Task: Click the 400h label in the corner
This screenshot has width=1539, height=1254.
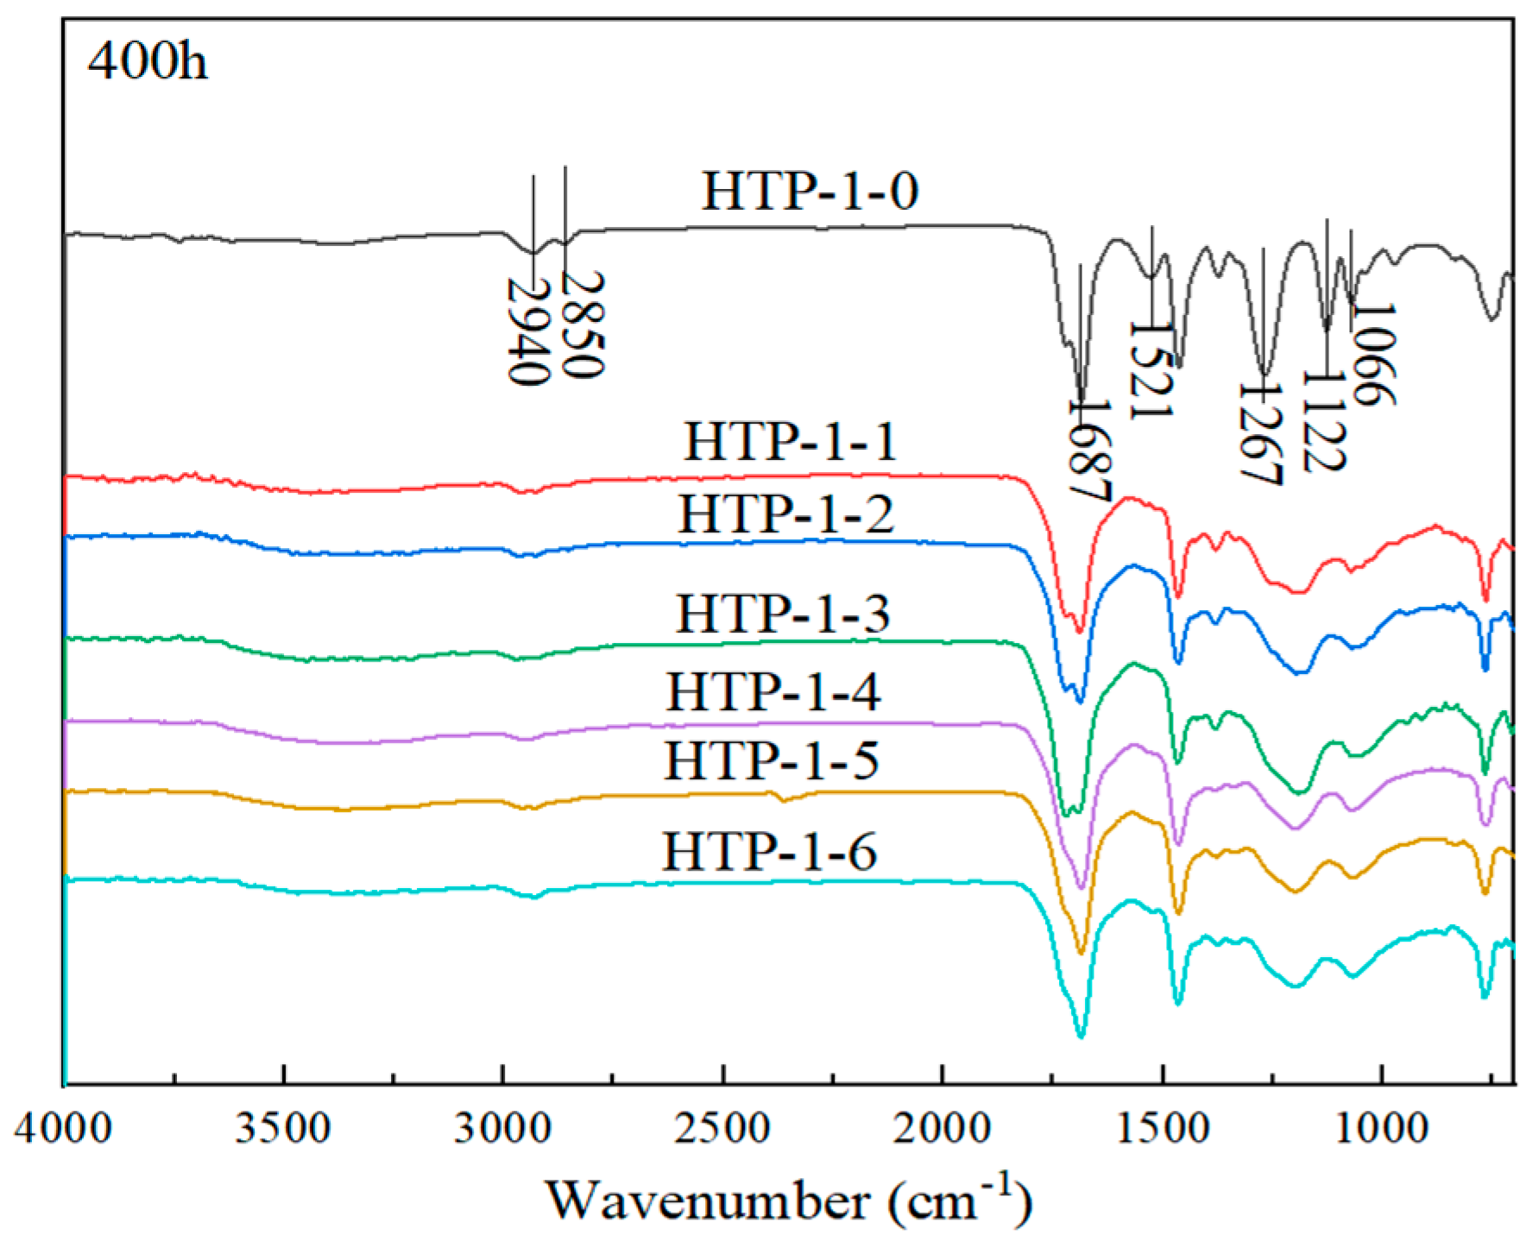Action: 148,62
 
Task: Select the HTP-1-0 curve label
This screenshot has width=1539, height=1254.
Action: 809,191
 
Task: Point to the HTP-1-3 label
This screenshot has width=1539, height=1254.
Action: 782,614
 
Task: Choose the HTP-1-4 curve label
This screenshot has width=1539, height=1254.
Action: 773,691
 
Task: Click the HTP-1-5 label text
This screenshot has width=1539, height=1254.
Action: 771,760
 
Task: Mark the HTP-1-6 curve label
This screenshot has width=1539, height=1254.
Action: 769,851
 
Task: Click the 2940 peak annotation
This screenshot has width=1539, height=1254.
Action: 527,331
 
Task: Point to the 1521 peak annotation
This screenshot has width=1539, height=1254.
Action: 1151,371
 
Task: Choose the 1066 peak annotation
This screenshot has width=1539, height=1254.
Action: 1373,354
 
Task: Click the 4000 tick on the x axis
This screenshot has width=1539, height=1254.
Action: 63,1128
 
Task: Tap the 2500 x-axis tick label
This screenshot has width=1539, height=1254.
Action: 722,1128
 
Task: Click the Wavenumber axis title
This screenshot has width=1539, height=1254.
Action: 788,1200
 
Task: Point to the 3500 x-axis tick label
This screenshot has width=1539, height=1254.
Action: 283,1128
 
